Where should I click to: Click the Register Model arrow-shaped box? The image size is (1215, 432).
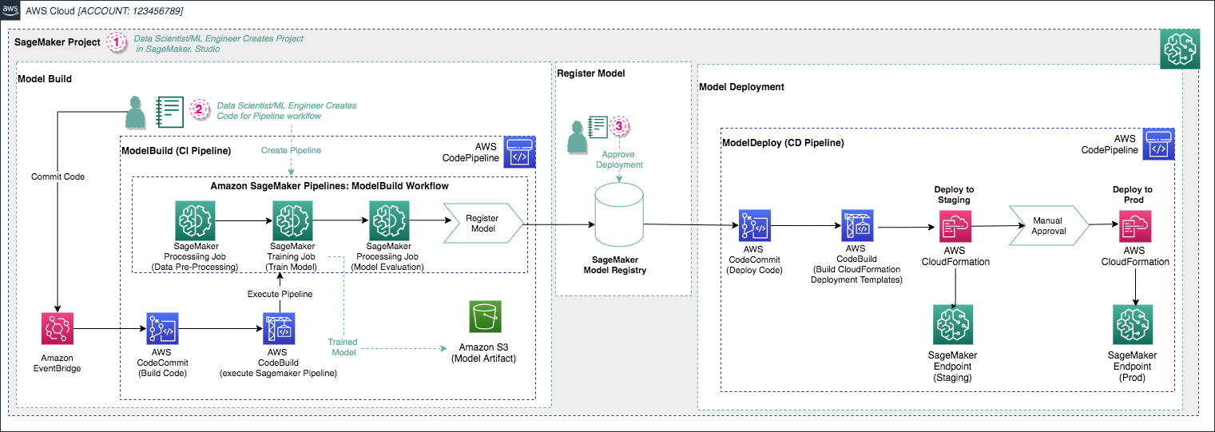tap(482, 223)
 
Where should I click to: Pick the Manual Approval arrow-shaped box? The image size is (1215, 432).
tap(1047, 224)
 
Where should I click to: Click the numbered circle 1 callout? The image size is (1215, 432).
tap(117, 42)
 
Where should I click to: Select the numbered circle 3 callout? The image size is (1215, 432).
tap(619, 125)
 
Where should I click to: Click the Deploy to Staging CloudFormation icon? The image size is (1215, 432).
tap(954, 226)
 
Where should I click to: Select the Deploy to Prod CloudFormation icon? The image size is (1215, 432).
tap(1134, 226)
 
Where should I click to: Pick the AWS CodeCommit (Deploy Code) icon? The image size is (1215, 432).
tap(755, 226)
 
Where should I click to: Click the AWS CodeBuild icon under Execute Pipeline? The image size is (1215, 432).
tap(280, 328)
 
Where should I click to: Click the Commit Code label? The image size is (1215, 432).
tap(57, 176)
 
